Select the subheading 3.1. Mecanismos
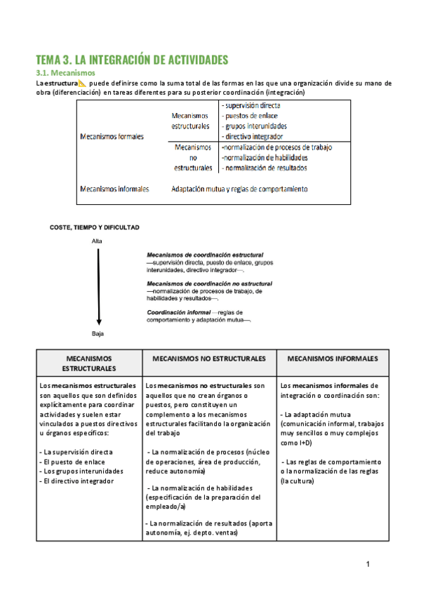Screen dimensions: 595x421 65,73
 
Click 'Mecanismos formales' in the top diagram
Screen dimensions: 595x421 112,137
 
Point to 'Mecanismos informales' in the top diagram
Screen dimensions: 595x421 114,189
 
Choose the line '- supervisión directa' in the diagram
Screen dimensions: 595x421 250,105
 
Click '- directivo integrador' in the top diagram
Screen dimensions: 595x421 252,136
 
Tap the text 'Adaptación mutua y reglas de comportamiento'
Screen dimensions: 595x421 239,189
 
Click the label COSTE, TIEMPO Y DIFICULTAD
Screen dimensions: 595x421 95,227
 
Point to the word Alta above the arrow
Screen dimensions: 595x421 98,241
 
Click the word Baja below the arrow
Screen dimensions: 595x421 98,333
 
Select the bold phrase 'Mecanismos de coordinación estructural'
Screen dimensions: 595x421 205,254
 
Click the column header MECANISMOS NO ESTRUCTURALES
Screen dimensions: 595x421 209,359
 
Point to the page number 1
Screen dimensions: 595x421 367,564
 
